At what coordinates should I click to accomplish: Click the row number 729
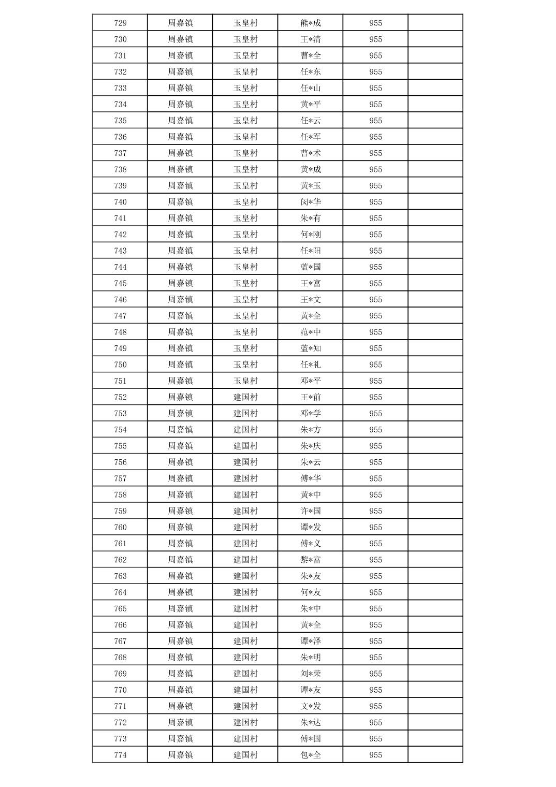[x=120, y=23]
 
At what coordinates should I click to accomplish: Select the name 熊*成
[x=311, y=23]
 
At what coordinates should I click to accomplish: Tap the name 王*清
[x=311, y=39]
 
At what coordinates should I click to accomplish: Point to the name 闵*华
[x=311, y=202]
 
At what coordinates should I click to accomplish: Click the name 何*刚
[x=311, y=235]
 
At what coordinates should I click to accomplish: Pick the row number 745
[x=120, y=283]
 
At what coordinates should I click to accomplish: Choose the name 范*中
[x=311, y=332]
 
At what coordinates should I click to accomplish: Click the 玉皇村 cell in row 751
[x=245, y=381]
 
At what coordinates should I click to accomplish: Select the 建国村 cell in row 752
[x=245, y=397]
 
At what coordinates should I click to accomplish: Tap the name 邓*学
[x=311, y=413]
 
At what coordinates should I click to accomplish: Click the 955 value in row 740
[x=375, y=202]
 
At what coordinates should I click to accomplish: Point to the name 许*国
[x=311, y=511]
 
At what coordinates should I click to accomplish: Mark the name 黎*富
[x=311, y=560]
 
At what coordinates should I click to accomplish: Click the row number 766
[x=120, y=625]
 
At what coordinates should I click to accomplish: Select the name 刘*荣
[x=311, y=674]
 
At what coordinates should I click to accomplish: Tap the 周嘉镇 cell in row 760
[x=180, y=527]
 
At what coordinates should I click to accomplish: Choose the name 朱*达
[x=311, y=722]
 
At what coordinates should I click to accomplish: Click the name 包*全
[x=311, y=755]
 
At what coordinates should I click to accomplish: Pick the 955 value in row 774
[x=375, y=755]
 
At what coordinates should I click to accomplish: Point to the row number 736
[x=120, y=137]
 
